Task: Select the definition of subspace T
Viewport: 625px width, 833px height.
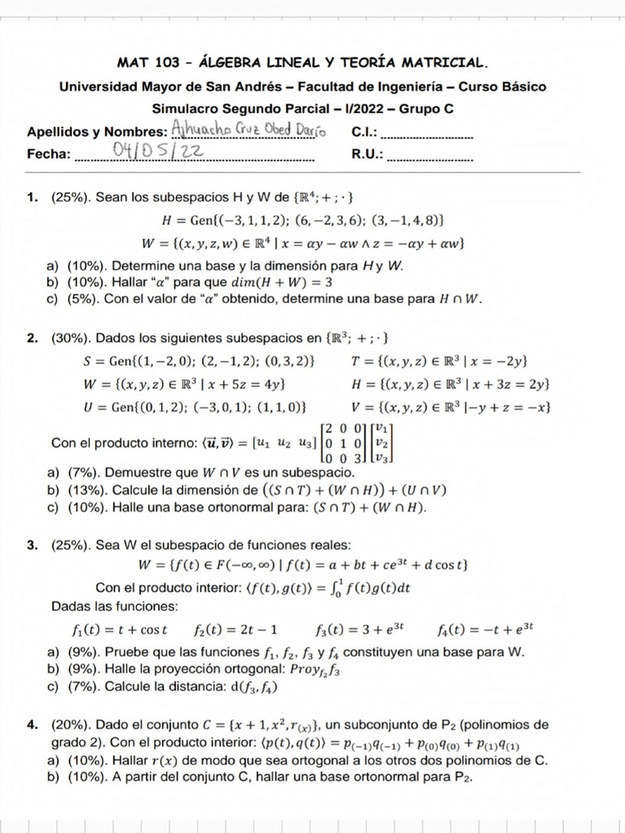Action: (x=440, y=360)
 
